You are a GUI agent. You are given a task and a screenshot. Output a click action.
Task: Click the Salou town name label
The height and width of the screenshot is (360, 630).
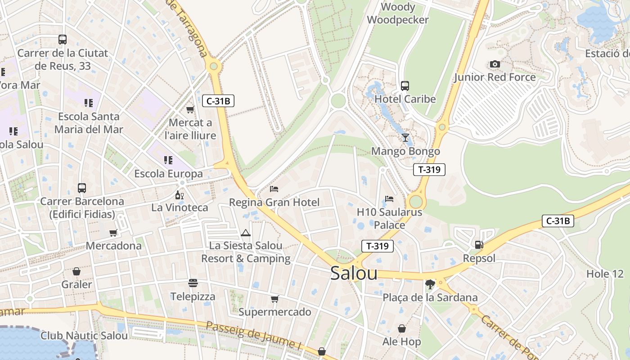(354, 273)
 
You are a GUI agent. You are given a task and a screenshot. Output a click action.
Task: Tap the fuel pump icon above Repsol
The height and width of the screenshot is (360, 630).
(479, 245)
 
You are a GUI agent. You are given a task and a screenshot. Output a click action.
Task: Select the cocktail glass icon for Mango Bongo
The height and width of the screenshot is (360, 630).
(405, 137)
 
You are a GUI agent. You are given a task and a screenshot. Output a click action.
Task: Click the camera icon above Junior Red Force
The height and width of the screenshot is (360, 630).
(495, 64)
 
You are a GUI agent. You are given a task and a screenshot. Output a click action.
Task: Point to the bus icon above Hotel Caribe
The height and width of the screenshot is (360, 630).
(405, 85)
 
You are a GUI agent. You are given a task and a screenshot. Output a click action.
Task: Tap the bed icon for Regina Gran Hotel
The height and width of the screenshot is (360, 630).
(274, 189)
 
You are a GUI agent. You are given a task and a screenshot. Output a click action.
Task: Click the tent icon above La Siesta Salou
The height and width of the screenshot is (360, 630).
(245, 233)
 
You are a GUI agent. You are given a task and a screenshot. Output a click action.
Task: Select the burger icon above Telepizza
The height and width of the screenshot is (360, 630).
(193, 283)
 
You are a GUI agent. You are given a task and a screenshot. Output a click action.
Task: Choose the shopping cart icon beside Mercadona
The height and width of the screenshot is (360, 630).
(113, 233)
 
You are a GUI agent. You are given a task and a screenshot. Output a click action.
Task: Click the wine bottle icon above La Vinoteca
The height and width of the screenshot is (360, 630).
(179, 195)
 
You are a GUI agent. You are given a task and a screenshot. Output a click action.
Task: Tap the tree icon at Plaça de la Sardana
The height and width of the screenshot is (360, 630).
(430, 284)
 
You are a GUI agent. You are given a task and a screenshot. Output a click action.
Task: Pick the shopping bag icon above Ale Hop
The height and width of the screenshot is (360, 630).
(401, 328)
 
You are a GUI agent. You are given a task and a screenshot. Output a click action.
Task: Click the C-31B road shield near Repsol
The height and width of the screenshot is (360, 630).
(558, 221)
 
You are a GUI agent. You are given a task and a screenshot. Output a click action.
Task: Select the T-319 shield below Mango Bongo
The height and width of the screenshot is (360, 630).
(429, 170)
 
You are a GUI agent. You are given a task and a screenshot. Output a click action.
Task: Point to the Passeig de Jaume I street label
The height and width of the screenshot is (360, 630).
(254, 335)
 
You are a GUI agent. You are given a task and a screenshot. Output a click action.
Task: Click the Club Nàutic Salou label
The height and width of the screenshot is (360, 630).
(84, 336)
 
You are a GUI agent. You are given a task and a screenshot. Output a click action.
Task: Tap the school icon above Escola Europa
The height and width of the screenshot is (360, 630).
(168, 160)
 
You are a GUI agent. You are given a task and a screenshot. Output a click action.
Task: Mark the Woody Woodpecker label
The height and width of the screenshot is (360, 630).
(398, 13)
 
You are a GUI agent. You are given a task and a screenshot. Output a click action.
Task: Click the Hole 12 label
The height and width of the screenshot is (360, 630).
(605, 274)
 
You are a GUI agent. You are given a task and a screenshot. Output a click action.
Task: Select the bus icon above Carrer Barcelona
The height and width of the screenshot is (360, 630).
(82, 188)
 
